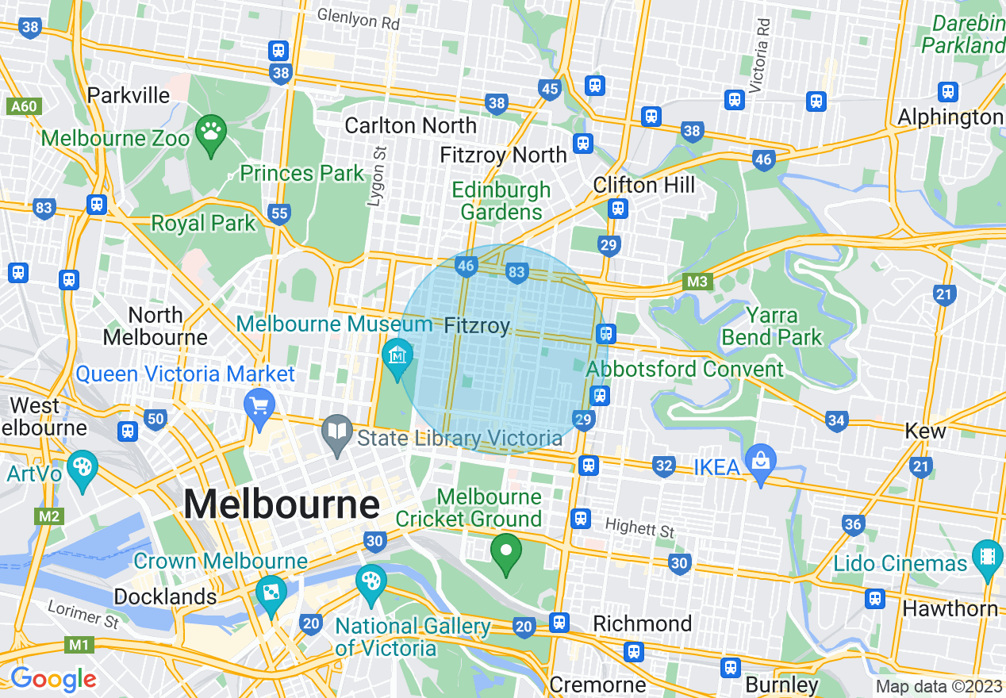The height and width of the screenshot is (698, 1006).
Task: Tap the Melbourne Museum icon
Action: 397,355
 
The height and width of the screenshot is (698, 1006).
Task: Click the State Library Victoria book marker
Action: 338,432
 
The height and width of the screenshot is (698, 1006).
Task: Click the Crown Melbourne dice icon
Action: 271,593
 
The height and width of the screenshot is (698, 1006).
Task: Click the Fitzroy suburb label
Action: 477,325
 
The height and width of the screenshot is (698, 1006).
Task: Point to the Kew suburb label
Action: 925,431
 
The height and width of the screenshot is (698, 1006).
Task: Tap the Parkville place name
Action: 129,95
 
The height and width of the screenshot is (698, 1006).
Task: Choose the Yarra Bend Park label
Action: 772,326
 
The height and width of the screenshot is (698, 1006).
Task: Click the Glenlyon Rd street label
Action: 358,20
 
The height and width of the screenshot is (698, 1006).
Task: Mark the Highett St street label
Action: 639,527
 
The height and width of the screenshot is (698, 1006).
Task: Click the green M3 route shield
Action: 698,282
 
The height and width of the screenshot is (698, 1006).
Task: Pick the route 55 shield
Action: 279,213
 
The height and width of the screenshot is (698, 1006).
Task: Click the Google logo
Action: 53,679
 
